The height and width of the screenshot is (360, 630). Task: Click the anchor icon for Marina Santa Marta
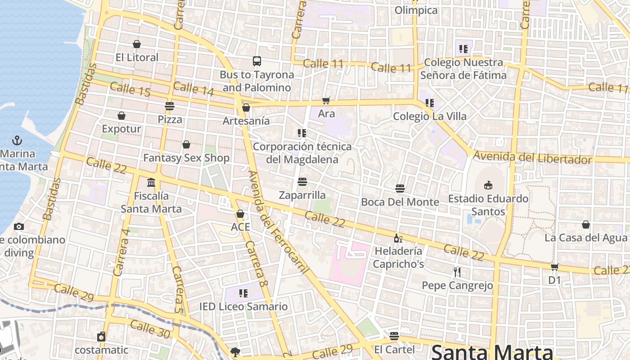[x=17, y=140]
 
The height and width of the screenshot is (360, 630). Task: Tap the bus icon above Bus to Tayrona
[x=256, y=61]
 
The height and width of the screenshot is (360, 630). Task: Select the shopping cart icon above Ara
[x=326, y=100]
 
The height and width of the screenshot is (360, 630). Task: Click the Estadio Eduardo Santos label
[x=488, y=205]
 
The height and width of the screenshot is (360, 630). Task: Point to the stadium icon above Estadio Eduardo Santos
[x=488, y=184]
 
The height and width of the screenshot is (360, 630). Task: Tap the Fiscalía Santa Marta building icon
[x=151, y=182]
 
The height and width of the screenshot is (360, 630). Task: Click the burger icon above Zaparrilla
[x=302, y=182]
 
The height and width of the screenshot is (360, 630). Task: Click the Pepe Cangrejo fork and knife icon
[x=457, y=272]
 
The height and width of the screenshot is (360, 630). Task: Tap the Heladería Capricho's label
[x=398, y=257]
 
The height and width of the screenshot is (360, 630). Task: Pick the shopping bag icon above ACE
[x=240, y=214]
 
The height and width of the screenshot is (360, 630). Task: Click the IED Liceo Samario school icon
[x=243, y=293]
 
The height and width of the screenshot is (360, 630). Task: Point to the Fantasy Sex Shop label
[x=186, y=158]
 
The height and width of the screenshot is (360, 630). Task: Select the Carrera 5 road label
[x=178, y=289]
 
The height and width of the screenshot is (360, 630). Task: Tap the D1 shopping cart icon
[x=555, y=267]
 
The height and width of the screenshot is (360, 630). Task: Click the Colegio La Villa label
[x=430, y=117]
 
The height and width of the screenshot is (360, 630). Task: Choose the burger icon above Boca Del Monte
[x=400, y=188]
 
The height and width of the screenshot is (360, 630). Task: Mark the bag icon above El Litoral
[x=137, y=44]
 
